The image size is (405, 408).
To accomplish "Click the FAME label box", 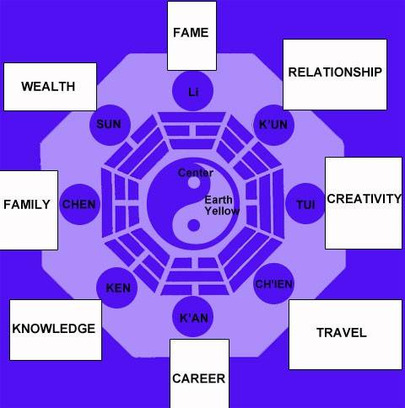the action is tap(192, 35).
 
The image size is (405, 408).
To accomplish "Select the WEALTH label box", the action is tap(50, 87).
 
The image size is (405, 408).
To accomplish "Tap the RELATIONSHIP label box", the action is tap(335, 74).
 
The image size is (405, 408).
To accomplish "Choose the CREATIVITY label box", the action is tap(364, 203).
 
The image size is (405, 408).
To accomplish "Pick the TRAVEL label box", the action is tap(345, 335).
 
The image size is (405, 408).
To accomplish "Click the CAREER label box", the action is tap(199, 373).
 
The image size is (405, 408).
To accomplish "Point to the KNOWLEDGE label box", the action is tap(56, 330).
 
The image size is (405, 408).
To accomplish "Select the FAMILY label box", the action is tap(29, 210).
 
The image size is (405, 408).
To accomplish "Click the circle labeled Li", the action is tap(192, 91).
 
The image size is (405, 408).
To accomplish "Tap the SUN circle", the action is tap(110, 125).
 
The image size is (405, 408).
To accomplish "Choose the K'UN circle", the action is tap(273, 125).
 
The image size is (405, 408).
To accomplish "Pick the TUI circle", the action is tap(305, 204).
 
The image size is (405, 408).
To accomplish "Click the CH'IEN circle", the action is tap(274, 283).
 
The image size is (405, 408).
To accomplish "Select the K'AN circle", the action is tap(193, 316).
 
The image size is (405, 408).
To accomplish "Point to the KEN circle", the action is tap(117, 287).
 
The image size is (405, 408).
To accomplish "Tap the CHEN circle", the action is tap(79, 204).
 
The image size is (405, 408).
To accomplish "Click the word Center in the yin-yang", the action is tap(196, 173).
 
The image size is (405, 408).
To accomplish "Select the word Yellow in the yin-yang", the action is tap(222, 211).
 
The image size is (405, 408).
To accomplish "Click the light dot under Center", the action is tap(193, 183).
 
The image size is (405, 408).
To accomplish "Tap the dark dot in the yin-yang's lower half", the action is tap(193, 226).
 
